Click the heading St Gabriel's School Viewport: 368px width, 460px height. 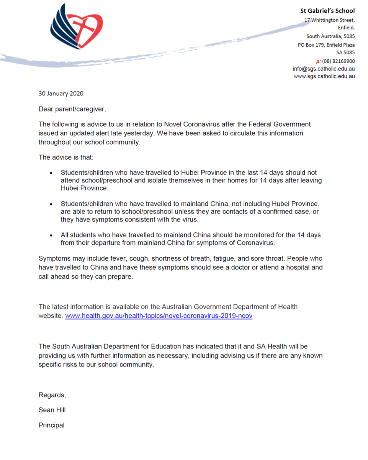(x=327, y=11)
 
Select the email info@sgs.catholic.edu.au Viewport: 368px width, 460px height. (x=324, y=69)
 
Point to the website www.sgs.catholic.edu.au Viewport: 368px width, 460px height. (x=324, y=76)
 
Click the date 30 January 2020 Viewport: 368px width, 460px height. (x=61, y=94)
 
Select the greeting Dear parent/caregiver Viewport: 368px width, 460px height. (x=72, y=109)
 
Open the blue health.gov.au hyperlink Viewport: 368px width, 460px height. (x=159, y=316)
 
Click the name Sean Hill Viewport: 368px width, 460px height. (x=52, y=410)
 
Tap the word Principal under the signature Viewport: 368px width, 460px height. (x=51, y=425)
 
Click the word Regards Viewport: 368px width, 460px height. (x=52, y=395)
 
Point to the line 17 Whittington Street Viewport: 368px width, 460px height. (x=329, y=20)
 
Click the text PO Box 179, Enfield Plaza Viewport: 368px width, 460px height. (x=326, y=44)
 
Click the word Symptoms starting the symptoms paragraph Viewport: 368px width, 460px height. (x=53, y=259)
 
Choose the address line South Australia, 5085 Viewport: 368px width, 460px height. (x=330, y=36)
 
